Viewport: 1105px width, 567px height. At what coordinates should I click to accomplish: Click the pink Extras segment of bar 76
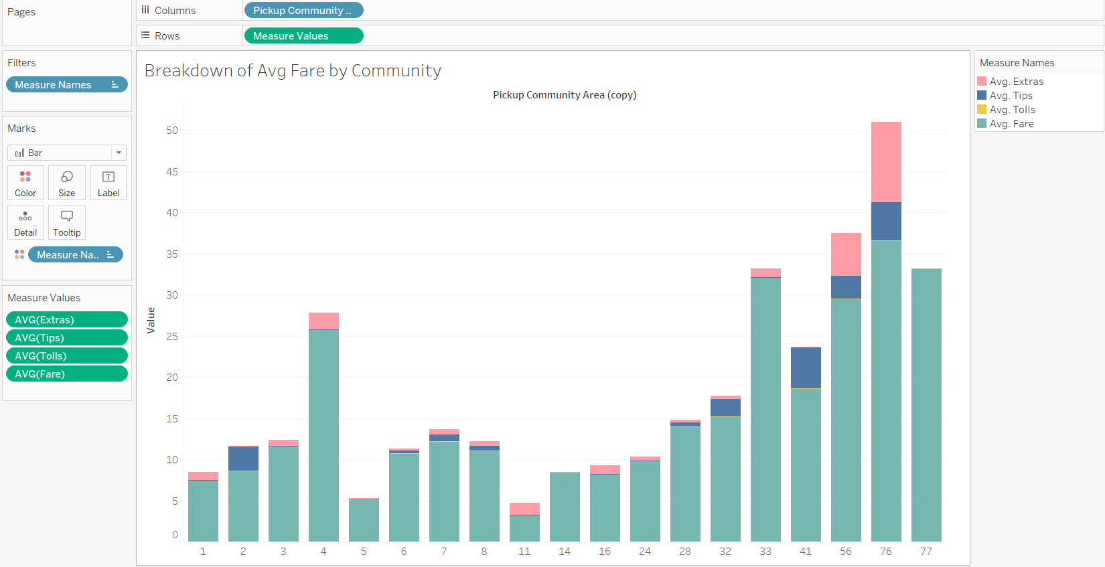tap(886, 161)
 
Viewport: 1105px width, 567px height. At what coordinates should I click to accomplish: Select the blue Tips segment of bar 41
tap(806, 368)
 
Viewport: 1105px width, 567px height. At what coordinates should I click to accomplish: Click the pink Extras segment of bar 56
tap(846, 254)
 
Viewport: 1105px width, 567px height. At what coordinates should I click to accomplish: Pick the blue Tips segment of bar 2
tap(243, 459)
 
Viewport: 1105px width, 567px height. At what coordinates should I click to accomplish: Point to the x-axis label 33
tap(765, 552)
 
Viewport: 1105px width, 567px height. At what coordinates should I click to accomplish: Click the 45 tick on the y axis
tap(172, 172)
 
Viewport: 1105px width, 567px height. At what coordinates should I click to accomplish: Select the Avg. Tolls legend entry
tap(1012, 110)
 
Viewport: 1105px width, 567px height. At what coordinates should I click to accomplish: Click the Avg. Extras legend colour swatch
tap(982, 82)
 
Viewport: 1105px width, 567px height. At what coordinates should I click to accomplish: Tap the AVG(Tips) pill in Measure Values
tap(66, 338)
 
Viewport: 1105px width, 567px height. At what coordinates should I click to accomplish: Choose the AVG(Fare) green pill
tap(66, 374)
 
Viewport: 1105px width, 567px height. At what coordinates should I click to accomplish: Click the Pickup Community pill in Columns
tap(303, 11)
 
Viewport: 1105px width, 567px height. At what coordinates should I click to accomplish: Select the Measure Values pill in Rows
tap(303, 36)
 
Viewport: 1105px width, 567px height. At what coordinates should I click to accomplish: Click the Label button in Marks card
tap(108, 183)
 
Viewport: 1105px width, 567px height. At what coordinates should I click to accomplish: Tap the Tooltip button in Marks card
tap(67, 222)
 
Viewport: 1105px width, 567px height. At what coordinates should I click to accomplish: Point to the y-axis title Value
tap(151, 320)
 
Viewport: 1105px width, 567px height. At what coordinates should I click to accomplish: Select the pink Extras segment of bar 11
tap(524, 509)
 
